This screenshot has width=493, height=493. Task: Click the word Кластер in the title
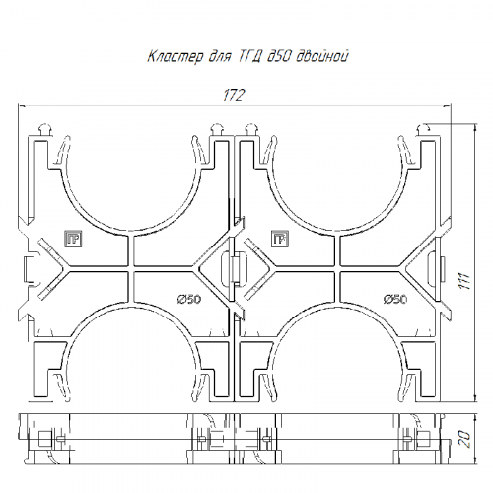(x=176, y=56)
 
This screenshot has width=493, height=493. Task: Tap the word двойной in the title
(x=322, y=56)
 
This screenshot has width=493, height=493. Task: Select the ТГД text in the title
(x=248, y=56)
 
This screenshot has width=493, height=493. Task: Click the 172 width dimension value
(x=234, y=96)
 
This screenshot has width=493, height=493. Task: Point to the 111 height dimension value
(x=465, y=281)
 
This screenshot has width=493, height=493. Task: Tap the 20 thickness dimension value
(x=465, y=439)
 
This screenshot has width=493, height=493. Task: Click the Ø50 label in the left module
(x=189, y=299)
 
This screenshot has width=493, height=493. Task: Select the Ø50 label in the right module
(x=395, y=299)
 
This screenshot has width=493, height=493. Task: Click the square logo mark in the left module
(x=73, y=239)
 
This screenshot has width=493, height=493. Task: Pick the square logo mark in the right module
(x=280, y=239)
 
